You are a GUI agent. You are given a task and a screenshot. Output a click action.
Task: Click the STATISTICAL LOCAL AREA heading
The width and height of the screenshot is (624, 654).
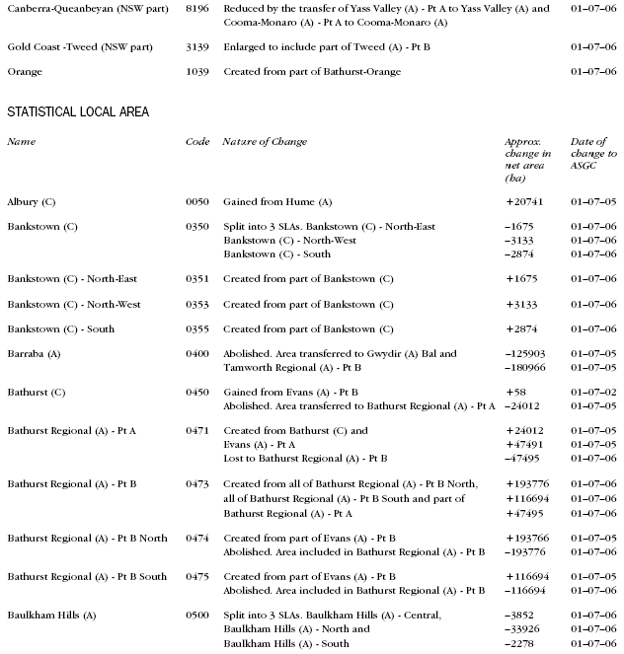coord(78,111)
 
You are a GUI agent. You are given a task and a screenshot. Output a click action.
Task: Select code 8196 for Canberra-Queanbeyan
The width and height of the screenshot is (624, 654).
coord(196,8)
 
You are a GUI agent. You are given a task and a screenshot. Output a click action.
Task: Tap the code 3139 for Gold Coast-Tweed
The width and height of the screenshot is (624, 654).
coord(196,46)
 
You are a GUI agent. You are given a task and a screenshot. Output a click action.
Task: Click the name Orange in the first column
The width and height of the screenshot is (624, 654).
coord(25,72)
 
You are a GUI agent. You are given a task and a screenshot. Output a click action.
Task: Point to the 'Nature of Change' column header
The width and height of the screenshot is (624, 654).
coord(265,142)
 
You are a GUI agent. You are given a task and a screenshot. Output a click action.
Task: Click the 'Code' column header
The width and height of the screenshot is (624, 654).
coord(197,142)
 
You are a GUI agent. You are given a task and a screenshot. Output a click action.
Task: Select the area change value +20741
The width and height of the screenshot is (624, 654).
coord(524,200)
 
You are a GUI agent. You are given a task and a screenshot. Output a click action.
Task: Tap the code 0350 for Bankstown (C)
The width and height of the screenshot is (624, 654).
coord(196,227)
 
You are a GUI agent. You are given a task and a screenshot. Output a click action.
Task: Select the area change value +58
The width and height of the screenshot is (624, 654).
coord(515,393)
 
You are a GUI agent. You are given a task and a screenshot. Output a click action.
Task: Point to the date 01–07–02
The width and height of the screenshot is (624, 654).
coord(593,393)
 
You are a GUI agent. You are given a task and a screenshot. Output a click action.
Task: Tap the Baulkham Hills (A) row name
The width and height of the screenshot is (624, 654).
coord(51,616)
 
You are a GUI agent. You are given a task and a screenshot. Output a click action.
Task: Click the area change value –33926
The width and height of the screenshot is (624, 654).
coord(524,629)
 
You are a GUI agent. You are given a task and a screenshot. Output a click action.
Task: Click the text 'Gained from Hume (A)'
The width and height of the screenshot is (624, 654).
coord(276,200)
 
